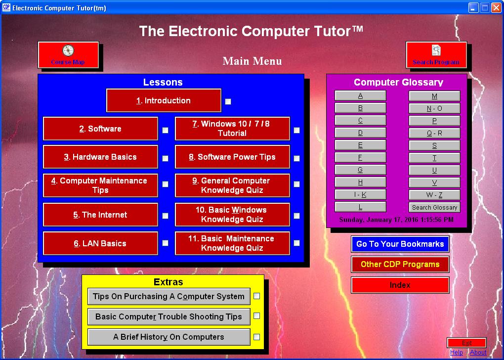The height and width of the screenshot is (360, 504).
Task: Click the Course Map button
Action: [x=68, y=54]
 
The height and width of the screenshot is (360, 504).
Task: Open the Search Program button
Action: [x=436, y=54]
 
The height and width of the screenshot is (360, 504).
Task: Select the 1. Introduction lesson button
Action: [x=164, y=101]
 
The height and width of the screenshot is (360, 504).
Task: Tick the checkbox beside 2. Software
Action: [x=166, y=130]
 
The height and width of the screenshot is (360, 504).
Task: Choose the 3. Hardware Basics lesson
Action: [x=100, y=157]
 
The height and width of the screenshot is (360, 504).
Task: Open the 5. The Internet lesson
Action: [x=100, y=215]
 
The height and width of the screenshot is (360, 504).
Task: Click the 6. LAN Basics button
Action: [x=100, y=244]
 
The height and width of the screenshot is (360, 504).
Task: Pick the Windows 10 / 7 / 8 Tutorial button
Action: [x=232, y=129]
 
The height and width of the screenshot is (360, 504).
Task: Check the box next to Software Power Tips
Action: [x=296, y=159]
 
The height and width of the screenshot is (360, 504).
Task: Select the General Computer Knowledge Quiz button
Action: [x=232, y=186]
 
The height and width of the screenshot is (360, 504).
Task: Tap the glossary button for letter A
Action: [x=360, y=96]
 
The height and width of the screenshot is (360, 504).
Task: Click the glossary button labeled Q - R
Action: [x=434, y=133]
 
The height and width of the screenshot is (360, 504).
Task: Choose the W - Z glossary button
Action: [x=434, y=195]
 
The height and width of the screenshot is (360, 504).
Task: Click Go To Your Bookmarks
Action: [x=400, y=244]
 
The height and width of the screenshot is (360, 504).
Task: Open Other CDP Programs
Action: [x=400, y=265]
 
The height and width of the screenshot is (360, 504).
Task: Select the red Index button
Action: [x=400, y=285]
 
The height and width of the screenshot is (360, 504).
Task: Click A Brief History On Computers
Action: [x=168, y=337]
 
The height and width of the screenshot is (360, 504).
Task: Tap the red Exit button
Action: [x=466, y=343]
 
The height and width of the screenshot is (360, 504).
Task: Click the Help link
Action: [x=457, y=353]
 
